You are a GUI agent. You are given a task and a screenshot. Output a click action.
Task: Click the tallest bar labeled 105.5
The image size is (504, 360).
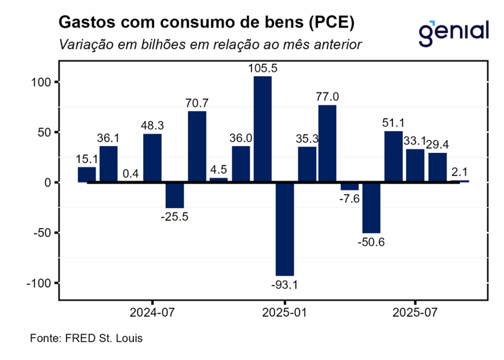click(262, 129)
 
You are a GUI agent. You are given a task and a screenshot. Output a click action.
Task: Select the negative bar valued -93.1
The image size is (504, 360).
click(284, 229)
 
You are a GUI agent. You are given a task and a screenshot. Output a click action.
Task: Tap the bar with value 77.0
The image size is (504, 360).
click(327, 143)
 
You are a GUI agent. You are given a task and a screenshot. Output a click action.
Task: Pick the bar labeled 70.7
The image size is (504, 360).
click(197, 146)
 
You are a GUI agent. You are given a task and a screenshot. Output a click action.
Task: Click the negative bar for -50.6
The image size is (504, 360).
click(371, 207)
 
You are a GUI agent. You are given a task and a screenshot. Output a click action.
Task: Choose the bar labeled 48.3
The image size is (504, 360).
click(153, 158)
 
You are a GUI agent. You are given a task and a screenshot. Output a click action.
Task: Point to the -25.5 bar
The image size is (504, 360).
click(175, 195)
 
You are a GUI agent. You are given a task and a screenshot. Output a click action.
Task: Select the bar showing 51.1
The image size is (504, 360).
click(393, 156)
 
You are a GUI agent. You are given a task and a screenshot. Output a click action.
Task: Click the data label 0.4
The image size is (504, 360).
click(130, 174)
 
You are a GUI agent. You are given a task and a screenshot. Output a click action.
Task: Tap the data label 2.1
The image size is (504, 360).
click(460, 172)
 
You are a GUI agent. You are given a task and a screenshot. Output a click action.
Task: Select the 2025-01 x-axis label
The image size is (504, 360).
click(284, 313)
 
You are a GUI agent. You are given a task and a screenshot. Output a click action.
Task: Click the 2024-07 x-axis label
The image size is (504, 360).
click(153, 313)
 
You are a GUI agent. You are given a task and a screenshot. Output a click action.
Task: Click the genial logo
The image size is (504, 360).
click(453, 31)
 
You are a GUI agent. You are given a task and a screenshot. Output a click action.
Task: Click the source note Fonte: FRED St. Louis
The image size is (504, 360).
click(86, 339)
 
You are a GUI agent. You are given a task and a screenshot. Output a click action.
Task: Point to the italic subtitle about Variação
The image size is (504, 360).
click(211, 44)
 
